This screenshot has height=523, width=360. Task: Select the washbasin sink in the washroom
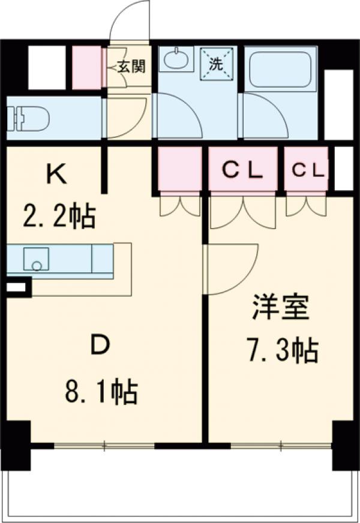coord(175,61)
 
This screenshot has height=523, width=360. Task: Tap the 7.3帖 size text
coord(281,351)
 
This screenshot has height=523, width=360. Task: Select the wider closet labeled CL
coord(242,170)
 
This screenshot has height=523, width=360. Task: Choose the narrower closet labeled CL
coord(307,170)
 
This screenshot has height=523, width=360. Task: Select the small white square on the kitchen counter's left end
coord(18,287)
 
